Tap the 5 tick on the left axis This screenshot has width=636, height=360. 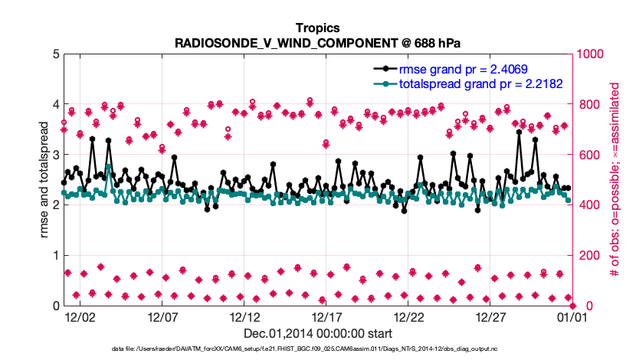pos(54,54)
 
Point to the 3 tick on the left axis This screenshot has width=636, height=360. pos(54,155)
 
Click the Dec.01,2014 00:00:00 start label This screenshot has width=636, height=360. pos(317,333)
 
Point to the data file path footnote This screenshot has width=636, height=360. pos(317,349)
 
